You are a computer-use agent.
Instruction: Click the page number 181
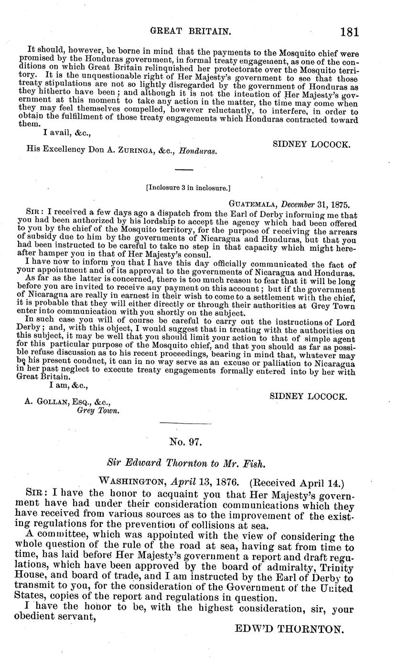[349, 32]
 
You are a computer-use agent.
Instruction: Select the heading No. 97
[186, 442]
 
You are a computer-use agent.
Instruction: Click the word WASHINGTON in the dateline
[126, 481]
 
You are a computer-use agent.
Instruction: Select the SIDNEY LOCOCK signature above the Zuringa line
[311, 144]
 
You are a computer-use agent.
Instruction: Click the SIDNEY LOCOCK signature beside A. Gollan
[309, 396]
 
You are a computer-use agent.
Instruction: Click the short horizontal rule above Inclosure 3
[184, 170]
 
